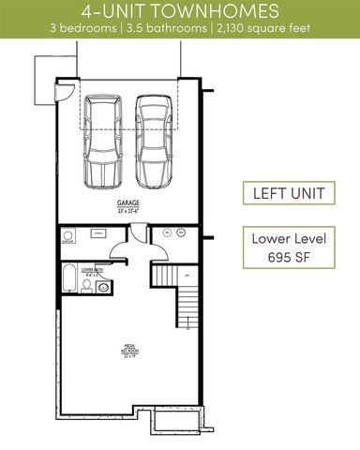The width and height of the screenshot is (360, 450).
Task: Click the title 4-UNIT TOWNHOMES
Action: (179, 11)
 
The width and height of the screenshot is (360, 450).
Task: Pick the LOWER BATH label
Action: (93, 268)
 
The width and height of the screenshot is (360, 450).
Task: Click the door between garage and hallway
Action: (120, 246)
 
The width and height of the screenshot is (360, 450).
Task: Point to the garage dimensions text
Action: (127, 211)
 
